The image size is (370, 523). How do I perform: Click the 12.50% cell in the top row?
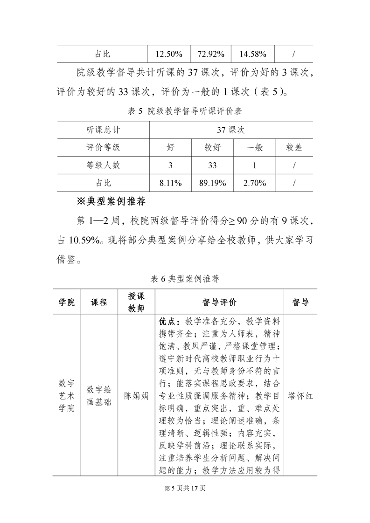pos(168,54)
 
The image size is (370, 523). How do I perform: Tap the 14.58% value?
pos(253,54)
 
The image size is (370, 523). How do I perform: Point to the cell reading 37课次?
pos(231,130)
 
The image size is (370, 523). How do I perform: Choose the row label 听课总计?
pos(103,130)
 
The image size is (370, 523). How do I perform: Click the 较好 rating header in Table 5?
pos(212,148)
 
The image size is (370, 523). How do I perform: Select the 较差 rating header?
pos(294,148)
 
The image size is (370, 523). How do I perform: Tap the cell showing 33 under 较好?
pos(212,165)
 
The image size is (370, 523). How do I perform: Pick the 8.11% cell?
pos(170,183)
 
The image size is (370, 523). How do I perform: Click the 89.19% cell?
pos(212,183)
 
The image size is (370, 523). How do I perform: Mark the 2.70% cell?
pos(254,183)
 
